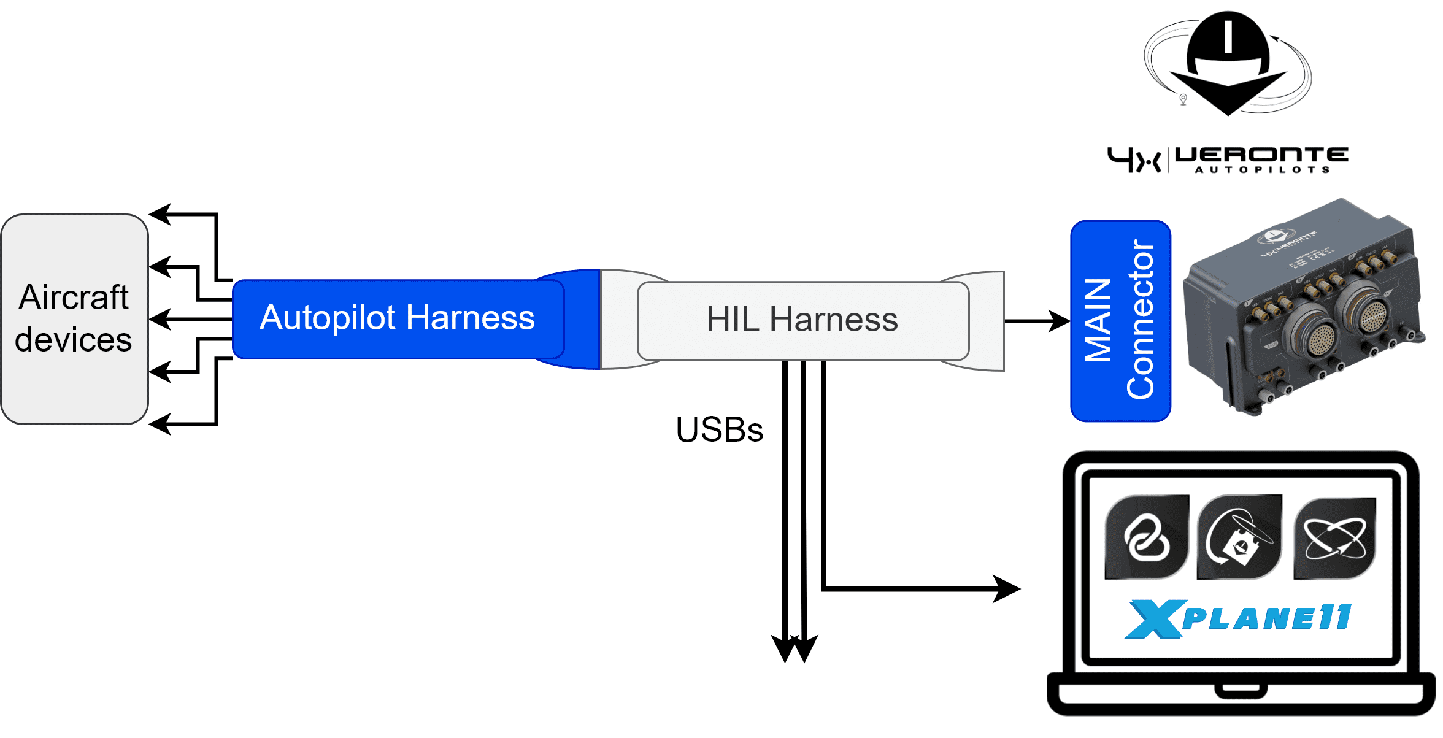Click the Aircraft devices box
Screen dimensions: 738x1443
coord(74,319)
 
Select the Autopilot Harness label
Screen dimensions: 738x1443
coord(397,318)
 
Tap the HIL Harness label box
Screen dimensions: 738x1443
coord(802,320)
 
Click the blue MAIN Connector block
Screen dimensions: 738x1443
coord(1120,321)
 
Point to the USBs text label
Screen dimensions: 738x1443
coord(719,430)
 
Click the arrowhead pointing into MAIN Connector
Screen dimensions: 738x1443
coord(1060,321)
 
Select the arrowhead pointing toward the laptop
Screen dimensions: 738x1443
coord(1007,589)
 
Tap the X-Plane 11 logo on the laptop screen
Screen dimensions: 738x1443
coord(1238,618)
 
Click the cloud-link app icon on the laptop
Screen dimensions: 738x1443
coord(1146,537)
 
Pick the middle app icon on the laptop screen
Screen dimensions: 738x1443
coord(1239,537)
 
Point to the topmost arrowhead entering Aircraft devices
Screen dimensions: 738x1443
coord(160,214)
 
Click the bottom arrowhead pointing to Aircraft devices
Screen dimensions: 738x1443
coord(160,424)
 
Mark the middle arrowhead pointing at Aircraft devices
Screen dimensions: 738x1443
coord(160,319)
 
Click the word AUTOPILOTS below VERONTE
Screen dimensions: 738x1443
coord(1262,170)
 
